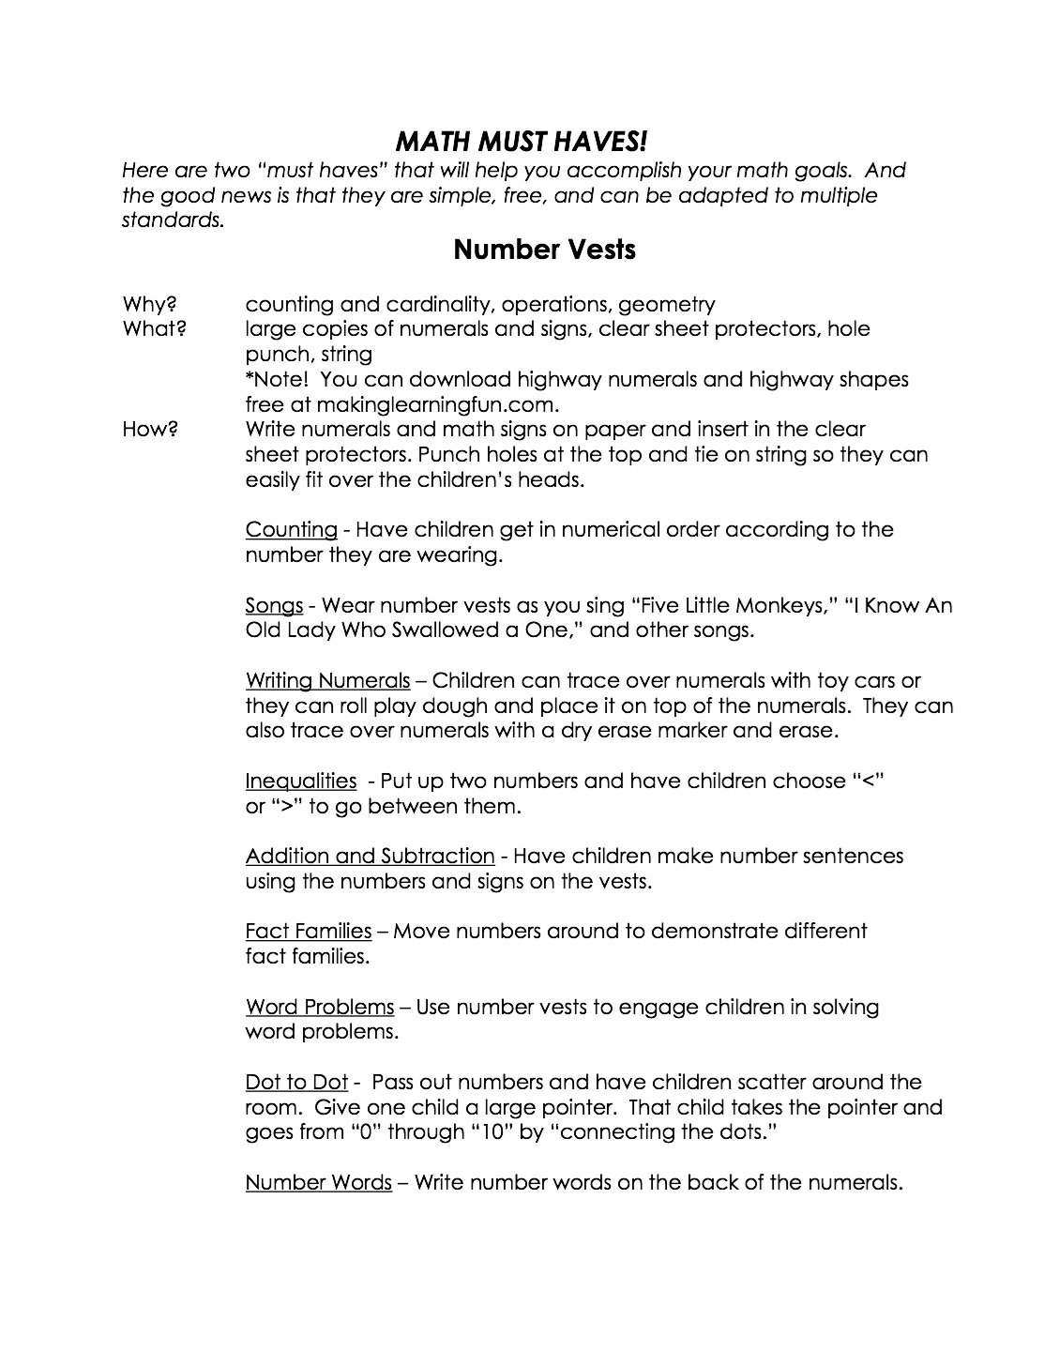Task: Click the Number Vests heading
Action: (544, 250)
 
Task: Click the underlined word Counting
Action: (291, 530)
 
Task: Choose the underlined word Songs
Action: (274, 605)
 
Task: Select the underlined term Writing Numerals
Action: (327, 680)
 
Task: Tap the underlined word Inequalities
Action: (301, 781)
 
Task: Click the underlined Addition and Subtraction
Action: (370, 856)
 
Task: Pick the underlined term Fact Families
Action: (309, 931)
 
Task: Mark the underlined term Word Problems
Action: (320, 1007)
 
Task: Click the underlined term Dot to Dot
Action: (296, 1082)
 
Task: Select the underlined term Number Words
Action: (318, 1182)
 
